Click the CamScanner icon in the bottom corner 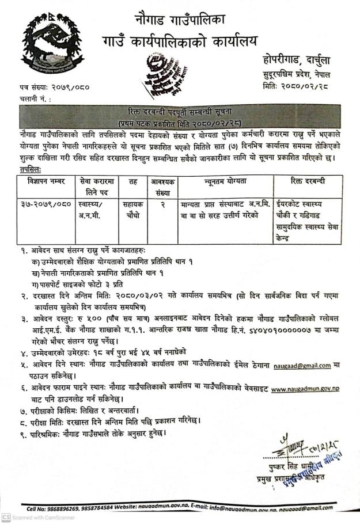pos(5,518)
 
